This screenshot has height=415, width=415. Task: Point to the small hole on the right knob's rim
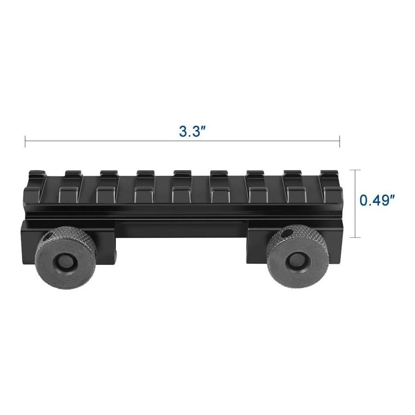286,234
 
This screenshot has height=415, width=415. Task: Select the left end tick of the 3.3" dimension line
25,141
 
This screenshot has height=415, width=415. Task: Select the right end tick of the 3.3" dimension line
339,141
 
